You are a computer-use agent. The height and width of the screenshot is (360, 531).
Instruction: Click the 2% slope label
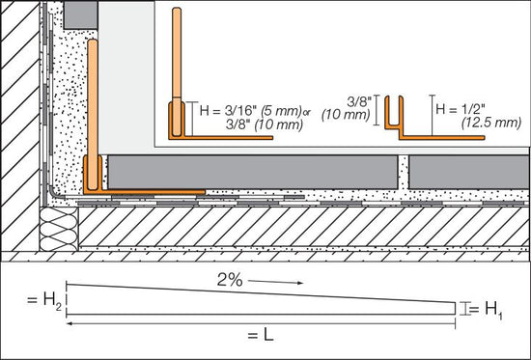pos(230,281)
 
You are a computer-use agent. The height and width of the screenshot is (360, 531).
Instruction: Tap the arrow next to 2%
pos(275,282)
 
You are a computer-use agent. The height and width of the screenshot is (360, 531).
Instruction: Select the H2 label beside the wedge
pos(44,301)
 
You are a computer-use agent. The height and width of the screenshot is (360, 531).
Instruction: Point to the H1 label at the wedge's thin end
pos(486,310)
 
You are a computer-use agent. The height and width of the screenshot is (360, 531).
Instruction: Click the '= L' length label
pos(261,336)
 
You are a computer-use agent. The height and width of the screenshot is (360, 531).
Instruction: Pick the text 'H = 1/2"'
pos(461,109)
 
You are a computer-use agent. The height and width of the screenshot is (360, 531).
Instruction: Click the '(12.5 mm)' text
pos(491,123)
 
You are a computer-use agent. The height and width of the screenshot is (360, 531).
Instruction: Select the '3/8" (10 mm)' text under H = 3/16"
pos(265,125)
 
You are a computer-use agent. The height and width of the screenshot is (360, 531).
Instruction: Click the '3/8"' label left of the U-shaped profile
pos(359,101)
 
